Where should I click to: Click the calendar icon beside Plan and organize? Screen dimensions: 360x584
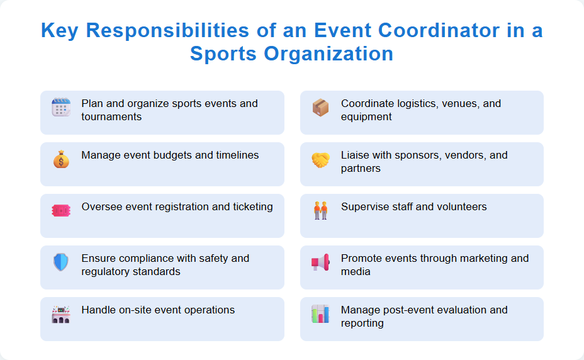point(61,108)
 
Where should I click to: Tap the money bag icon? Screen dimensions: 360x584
point(61,160)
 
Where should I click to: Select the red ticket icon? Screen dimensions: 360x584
point(61,211)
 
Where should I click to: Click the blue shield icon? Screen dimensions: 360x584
point(61,262)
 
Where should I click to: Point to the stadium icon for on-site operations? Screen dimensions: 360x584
point(61,314)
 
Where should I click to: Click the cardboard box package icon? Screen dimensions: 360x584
point(320,108)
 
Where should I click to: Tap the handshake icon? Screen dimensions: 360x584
point(320,160)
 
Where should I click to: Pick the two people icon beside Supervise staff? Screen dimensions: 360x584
point(320,211)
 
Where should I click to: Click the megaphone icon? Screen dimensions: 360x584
point(320,262)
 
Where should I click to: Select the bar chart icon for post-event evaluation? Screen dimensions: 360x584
point(320,313)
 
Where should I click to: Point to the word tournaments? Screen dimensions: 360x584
point(111,117)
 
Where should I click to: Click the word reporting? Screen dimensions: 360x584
point(362,323)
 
